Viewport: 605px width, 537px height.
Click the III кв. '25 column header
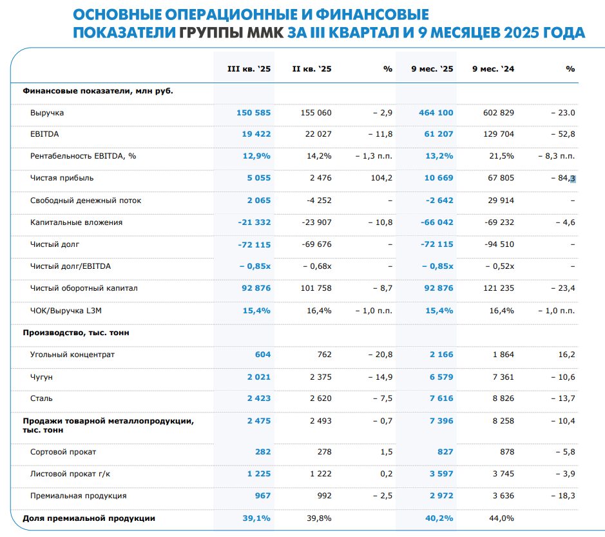(249, 69)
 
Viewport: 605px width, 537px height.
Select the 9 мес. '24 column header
(493, 69)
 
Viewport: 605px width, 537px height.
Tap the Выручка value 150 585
(254, 113)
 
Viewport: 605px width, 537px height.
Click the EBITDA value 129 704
(498, 135)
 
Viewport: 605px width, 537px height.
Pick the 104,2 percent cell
(381, 179)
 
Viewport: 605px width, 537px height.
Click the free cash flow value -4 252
(316, 200)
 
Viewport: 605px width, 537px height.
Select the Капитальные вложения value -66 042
(436, 222)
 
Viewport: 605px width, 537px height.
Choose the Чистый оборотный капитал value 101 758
(316, 288)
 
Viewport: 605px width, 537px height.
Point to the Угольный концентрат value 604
(262, 355)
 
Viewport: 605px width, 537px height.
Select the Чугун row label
(41, 376)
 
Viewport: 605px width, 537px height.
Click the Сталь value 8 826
(503, 398)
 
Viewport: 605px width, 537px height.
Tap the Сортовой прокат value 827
(445, 452)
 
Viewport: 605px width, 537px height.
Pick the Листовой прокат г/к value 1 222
(320, 474)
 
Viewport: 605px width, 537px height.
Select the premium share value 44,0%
(502, 518)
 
